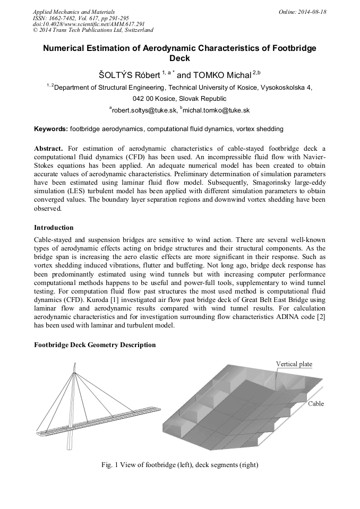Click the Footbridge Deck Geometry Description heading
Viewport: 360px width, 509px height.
point(95,345)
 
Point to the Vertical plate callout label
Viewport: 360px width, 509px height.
point(294,364)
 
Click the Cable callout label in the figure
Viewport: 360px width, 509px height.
point(315,404)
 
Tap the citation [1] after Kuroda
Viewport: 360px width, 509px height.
point(100,300)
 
